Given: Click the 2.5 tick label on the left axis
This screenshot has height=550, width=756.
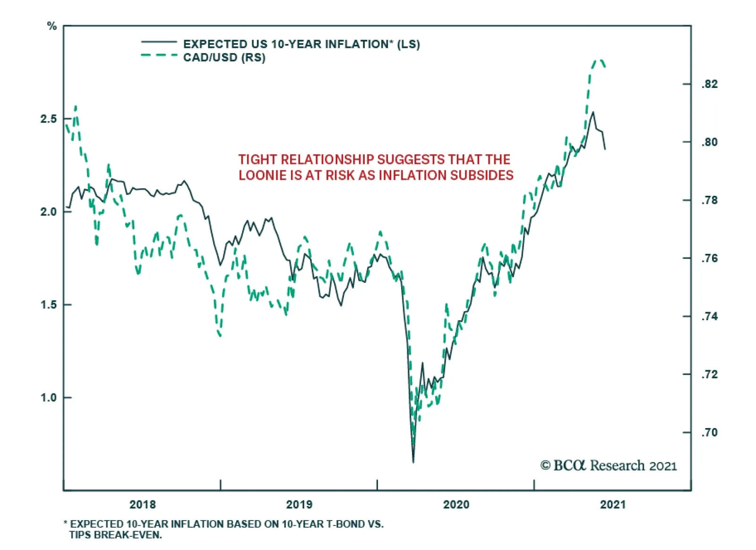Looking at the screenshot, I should (x=48, y=119).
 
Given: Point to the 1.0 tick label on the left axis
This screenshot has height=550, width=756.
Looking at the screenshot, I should (x=48, y=398).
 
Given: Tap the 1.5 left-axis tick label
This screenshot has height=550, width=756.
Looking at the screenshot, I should (x=48, y=305).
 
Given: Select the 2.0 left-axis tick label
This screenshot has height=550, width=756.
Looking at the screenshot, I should (x=48, y=211).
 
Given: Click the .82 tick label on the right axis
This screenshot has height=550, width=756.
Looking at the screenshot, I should (x=709, y=84).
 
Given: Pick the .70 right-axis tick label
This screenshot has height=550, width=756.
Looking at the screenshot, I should (x=709, y=432).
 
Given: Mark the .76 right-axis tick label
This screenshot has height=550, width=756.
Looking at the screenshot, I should (x=709, y=258).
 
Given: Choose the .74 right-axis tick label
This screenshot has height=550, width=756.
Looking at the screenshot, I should (x=709, y=316).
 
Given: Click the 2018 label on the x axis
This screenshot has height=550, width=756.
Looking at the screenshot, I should (x=143, y=505).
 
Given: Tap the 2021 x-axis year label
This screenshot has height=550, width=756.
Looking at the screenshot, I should (x=613, y=505).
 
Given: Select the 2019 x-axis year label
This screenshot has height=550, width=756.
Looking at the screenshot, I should (x=299, y=505).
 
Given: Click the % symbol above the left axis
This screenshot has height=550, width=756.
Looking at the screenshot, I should (x=52, y=26).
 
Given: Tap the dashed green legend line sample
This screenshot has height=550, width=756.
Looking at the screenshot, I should (x=159, y=56).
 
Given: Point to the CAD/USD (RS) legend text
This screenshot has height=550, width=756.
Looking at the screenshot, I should (x=224, y=58).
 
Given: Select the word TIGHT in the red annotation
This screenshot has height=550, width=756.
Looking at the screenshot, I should (x=258, y=159).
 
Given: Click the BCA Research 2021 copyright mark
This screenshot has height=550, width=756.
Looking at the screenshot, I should (x=609, y=466).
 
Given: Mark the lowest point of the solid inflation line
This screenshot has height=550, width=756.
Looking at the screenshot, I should (x=413, y=462).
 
